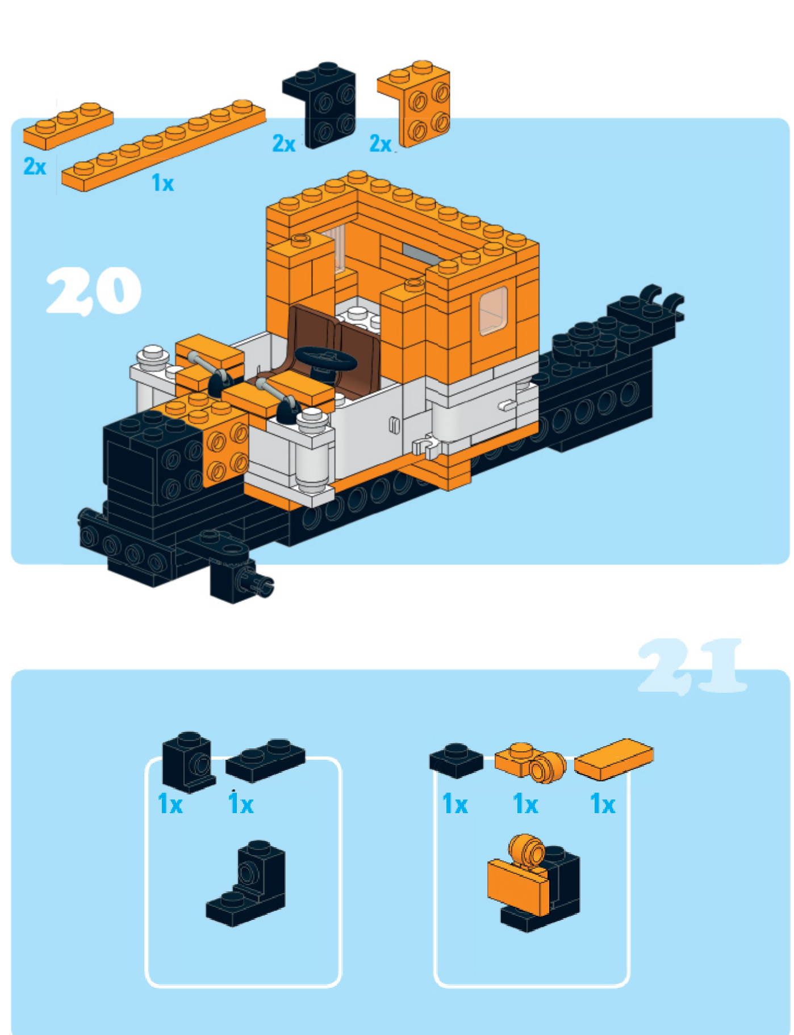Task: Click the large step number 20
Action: pyautogui.click(x=93, y=291)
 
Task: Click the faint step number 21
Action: pyautogui.click(x=692, y=666)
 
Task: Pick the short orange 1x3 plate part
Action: pyautogui.click(x=68, y=125)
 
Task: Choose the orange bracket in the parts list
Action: pyautogui.click(x=415, y=103)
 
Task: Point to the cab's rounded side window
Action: pyautogui.click(x=493, y=311)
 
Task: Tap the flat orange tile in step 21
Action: pyautogui.click(x=614, y=759)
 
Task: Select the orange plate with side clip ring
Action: pyautogui.click(x=531, y=762)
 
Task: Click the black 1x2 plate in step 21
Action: pyautogui.click(x=265, y=760)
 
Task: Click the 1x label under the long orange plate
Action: pyautogui.click(x=163, y=183)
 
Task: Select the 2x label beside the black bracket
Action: pyautogui.click(x=284, y=144)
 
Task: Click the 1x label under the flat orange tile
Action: pyautogui.click(x=603, y=804)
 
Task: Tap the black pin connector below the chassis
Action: pyautogui.click(x=241, y=579)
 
